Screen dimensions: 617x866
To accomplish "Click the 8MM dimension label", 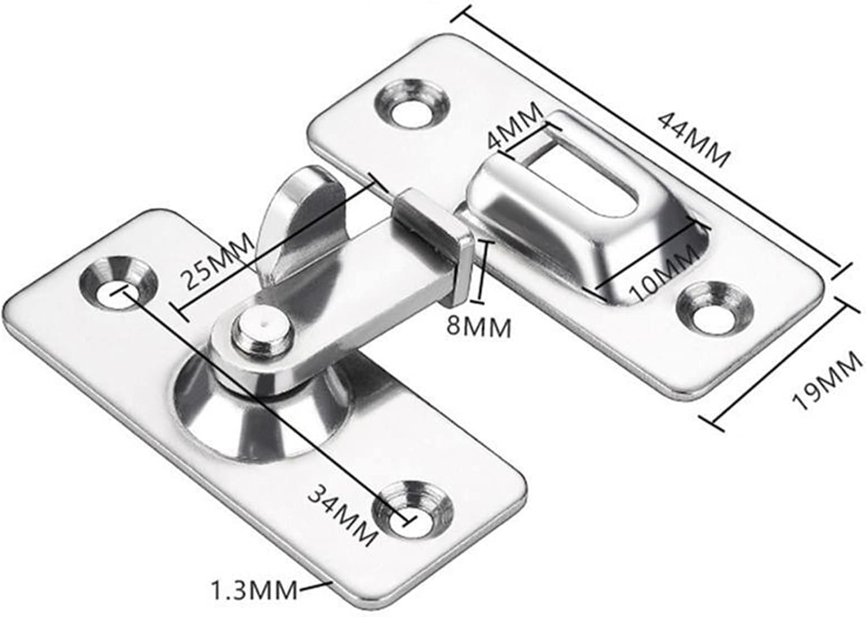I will click(x=479, y=328).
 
